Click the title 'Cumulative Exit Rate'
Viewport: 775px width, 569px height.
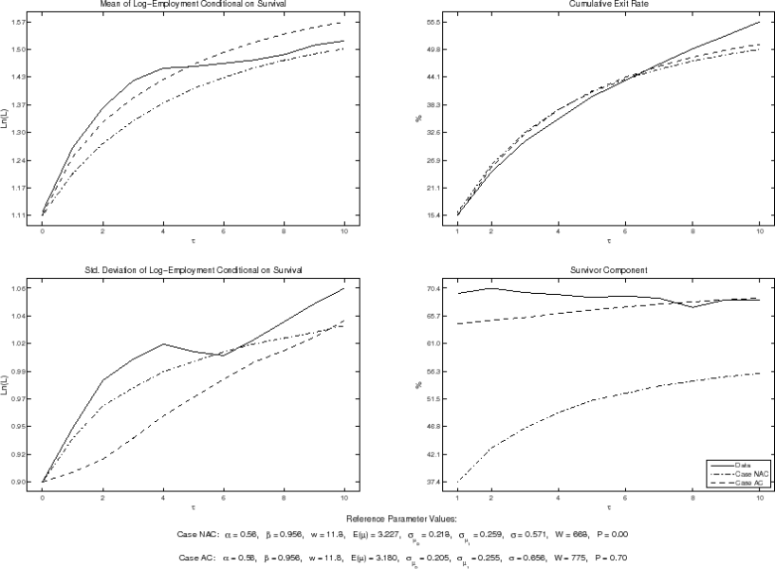click(x=609, y=5)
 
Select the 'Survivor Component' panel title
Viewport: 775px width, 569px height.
click(x=609, y=270)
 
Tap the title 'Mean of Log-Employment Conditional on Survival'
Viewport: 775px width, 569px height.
click(x=194, y=5)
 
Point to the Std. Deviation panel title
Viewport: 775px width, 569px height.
click(x=194, y=270)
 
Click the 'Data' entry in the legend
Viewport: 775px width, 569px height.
click(x=744, y=466)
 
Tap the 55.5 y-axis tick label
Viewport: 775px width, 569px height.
click(x=436, y=22)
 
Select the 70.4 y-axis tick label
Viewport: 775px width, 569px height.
click(x=436, y=288)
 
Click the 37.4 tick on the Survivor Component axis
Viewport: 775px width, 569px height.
click(x=436, y=483)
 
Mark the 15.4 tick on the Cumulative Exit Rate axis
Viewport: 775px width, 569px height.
click(x=436, y=216)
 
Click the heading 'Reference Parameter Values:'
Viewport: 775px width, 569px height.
click(x=389, y=519)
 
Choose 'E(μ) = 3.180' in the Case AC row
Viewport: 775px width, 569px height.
click(x=347, y=559)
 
